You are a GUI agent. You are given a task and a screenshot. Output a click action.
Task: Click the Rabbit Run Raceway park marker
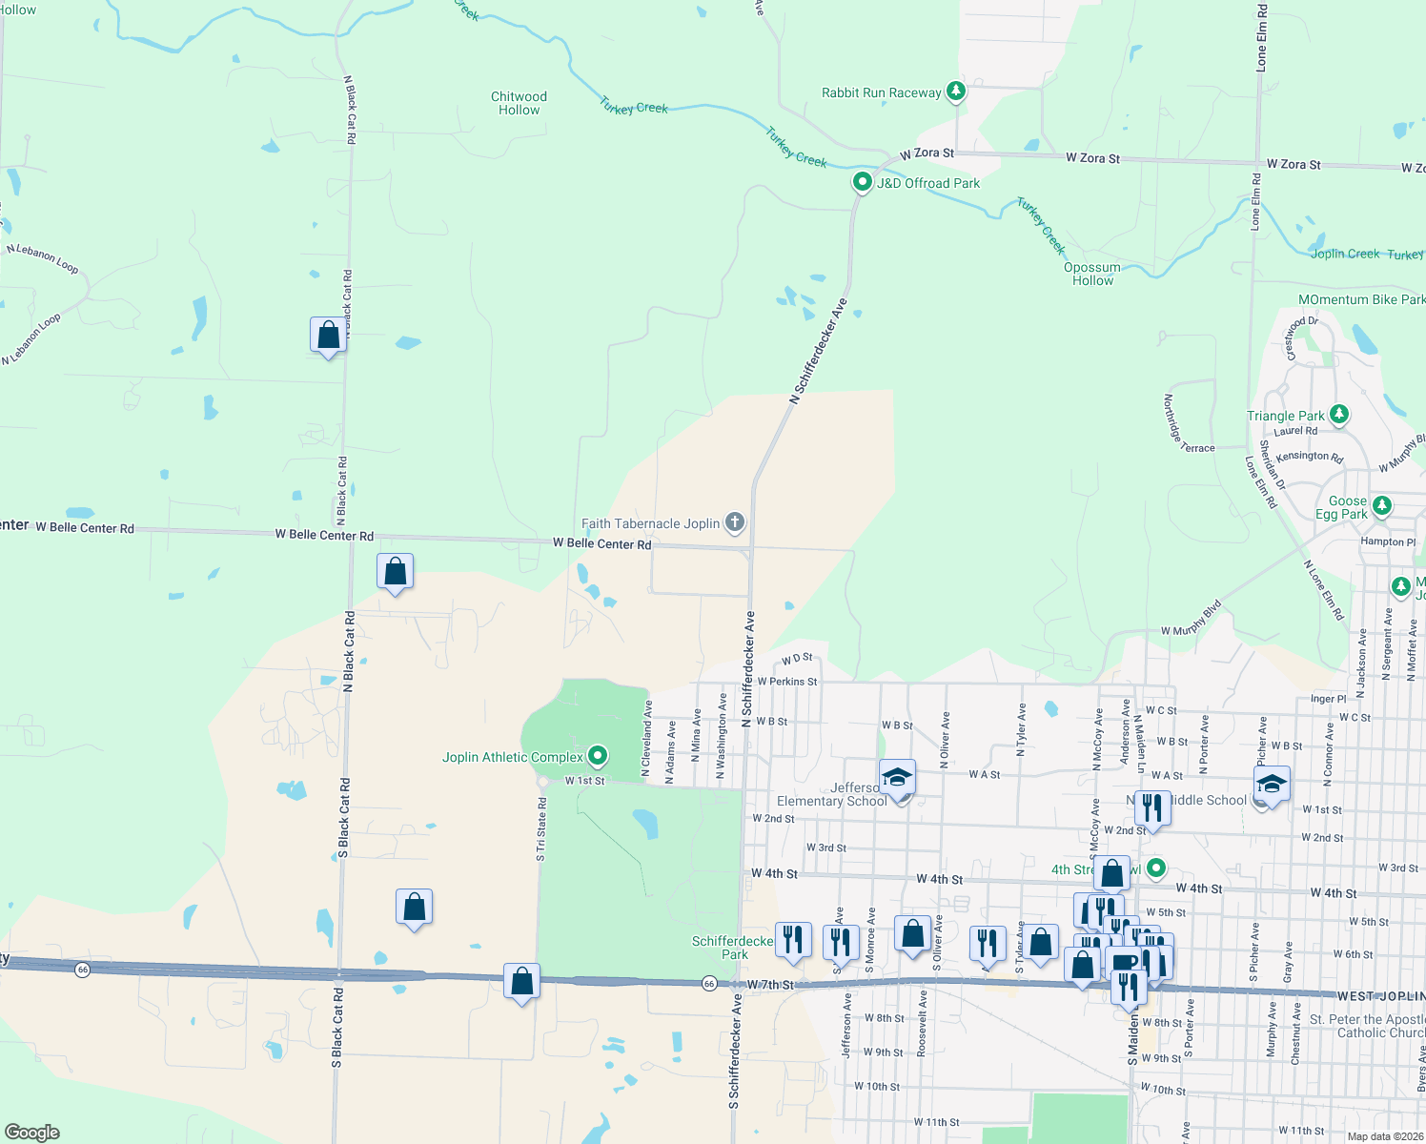[956, 92]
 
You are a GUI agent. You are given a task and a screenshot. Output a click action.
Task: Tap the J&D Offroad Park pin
[863, 181]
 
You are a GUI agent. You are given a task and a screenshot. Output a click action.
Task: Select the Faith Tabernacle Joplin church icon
[734, 521]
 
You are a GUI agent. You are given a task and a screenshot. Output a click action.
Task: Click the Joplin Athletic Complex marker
[598, 756]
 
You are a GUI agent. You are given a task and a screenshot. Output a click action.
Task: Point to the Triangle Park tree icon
[1339, 414]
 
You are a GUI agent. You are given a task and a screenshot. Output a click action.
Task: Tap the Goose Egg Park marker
[1382, 505]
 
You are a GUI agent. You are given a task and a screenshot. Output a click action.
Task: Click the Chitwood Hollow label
[519, 103]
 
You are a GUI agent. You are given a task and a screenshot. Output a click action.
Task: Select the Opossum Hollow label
[1092, 274]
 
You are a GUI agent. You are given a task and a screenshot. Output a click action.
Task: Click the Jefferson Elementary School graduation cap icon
[897, 778]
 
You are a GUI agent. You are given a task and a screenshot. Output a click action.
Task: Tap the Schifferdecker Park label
[733, 948]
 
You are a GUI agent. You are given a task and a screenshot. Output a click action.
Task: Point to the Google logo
[32, 1132]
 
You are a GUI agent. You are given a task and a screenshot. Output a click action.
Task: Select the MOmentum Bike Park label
[1361, 299]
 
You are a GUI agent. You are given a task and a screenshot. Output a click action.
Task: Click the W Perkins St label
[787, 682]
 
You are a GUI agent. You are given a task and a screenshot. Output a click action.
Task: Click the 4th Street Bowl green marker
[1156, 868]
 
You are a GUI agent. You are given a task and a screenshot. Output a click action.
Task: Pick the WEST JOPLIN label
[1380, 996]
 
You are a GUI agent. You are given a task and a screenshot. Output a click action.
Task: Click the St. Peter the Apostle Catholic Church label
[1367, 1026]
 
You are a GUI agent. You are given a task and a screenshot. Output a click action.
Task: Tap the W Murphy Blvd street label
[1191, 619]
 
